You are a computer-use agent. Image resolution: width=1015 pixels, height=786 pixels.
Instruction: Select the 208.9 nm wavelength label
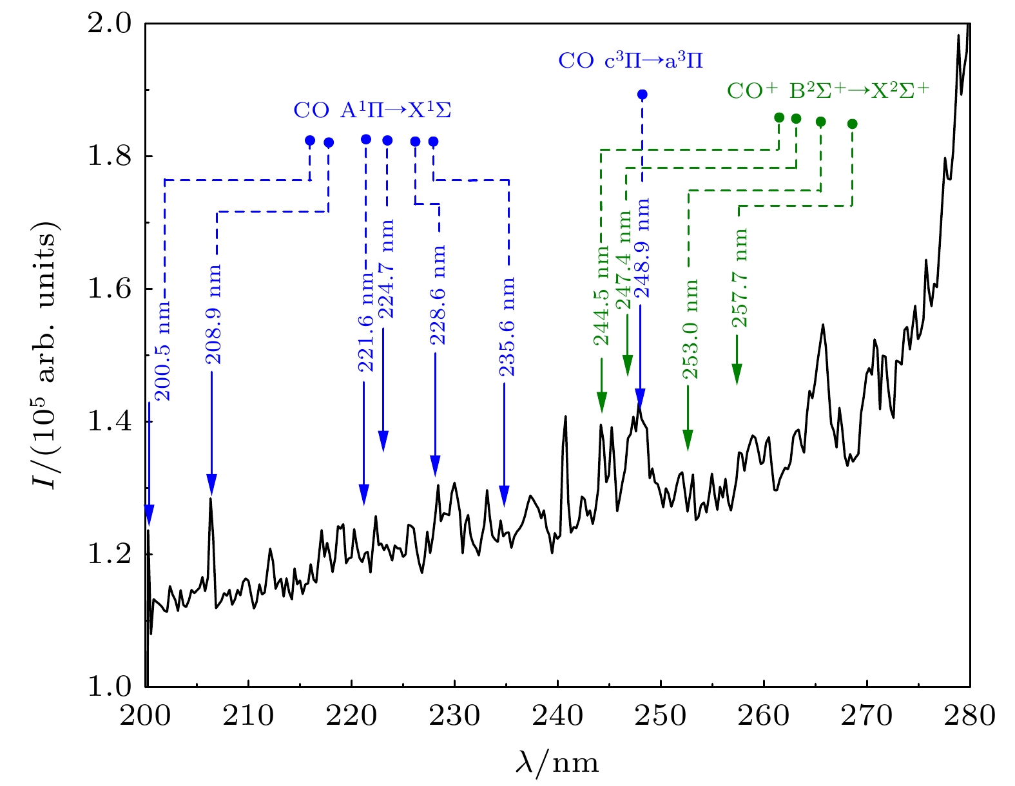tap(215, 314)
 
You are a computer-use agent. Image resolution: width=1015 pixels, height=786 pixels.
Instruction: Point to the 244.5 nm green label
tap(602, 296)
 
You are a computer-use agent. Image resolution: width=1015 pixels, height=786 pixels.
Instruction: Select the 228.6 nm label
tap(438, 294)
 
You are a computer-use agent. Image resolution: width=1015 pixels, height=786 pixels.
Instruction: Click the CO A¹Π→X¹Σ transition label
tap(372, 110)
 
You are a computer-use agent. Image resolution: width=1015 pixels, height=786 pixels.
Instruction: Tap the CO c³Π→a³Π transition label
tap(630, 61)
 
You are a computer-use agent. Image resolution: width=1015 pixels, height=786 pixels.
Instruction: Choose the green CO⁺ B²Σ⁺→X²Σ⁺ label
tap(828, 90)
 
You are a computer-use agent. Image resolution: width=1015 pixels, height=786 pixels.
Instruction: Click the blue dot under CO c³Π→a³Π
tap(642, 95)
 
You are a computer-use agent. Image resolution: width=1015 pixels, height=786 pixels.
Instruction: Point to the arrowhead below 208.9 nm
tap(211, 483)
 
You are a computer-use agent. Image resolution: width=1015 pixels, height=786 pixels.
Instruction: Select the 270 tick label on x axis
tap(867, 716)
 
